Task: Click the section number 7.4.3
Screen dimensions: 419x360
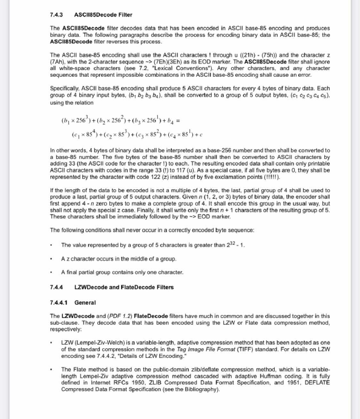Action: (x=59, y=14)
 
